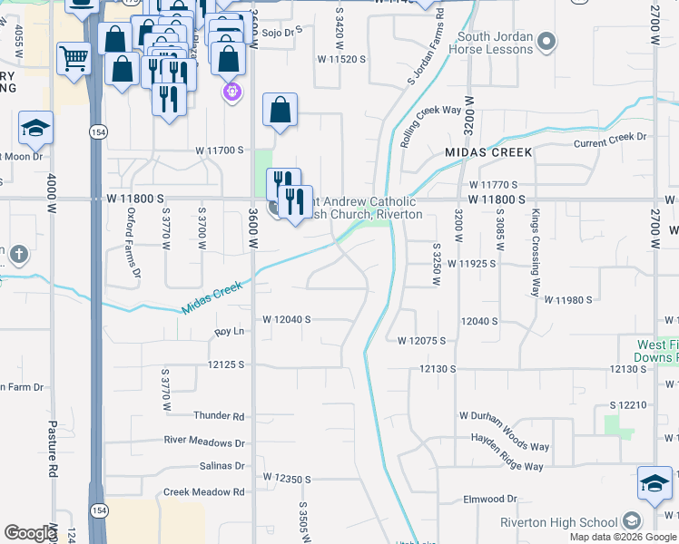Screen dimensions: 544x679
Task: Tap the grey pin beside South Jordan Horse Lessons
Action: tap(546, 40)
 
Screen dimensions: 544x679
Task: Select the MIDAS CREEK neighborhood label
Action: tap(487, 152)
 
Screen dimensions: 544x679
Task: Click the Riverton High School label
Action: tap(558, 522)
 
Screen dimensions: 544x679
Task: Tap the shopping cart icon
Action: tap(74, 59)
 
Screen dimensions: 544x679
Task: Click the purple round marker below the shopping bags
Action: tap(231, 92)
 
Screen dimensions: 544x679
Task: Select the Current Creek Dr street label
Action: tap(609, 137)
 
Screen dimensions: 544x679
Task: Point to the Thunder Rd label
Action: tap(219, 416)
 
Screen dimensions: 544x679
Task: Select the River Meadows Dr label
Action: tap(204, 442)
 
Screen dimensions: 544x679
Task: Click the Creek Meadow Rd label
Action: tap(204, 492)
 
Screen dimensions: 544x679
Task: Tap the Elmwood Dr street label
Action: tap(489, 500)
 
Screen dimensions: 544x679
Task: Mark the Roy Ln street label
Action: tap(230, 332)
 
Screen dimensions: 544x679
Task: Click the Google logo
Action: tap(30, 533)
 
